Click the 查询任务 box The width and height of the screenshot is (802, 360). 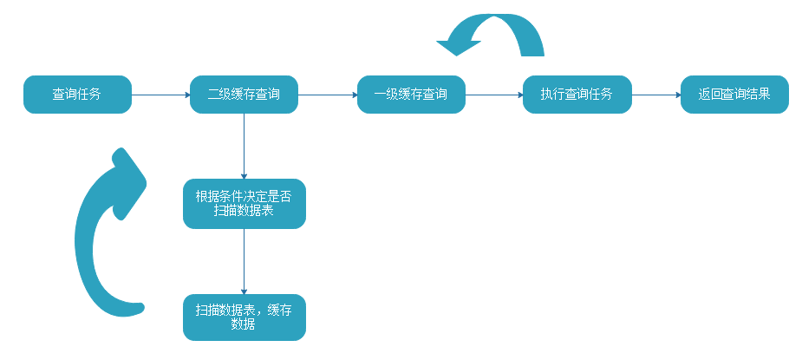click(77, 95)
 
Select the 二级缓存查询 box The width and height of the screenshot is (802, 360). click(244, 95)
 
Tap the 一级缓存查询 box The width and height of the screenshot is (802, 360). click(411, 95)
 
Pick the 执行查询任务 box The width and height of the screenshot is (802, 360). click(577, 95)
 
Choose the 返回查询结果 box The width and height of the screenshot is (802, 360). click(734, 95)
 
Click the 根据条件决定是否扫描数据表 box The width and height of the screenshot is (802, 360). click(244, 204)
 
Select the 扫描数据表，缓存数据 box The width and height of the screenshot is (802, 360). click(244, 317)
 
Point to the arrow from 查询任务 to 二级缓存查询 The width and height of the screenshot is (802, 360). click(160, 95)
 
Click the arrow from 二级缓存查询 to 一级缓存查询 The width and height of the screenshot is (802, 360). click(328, 95)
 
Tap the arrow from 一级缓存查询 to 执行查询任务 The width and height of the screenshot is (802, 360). click(493, 95)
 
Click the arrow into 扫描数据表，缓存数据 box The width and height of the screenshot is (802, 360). click(244, 261)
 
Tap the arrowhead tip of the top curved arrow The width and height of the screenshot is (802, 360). click(440, 40)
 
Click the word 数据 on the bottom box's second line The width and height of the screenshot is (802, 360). click(244, 324)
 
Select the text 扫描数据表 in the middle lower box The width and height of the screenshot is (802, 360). click(244, 211)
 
